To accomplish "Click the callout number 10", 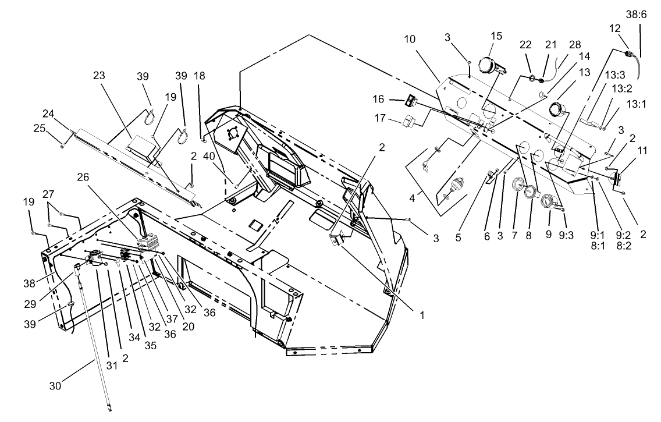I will (410, 40).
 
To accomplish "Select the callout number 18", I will (200, 76).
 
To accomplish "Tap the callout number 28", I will (575, 44).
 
